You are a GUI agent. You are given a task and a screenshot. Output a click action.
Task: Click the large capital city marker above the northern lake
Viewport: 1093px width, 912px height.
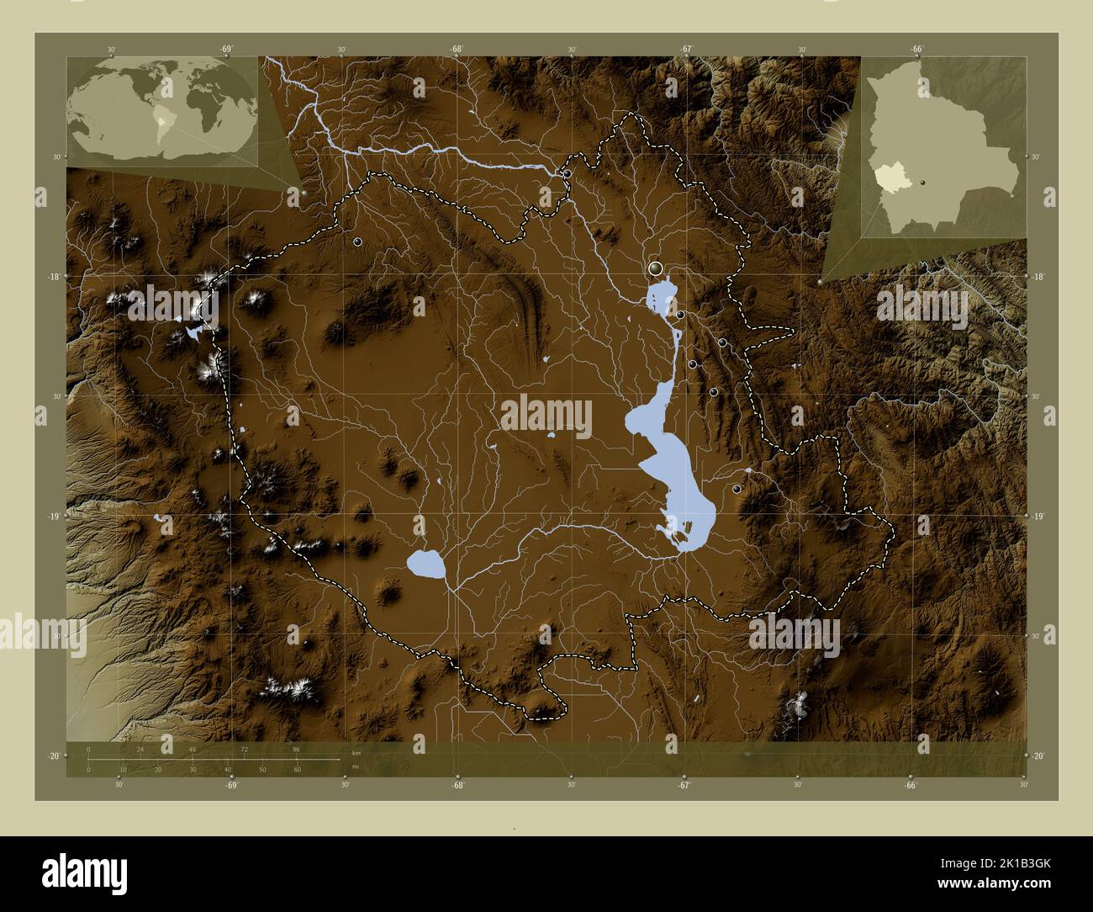(657, 268)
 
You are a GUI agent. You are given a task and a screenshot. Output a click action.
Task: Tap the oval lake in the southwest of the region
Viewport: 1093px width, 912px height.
(425, 564)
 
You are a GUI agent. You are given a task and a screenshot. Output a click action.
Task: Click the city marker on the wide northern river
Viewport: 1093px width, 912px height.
(568, 173)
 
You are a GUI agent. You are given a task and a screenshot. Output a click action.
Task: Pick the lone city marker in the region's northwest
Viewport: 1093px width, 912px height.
(357, 241)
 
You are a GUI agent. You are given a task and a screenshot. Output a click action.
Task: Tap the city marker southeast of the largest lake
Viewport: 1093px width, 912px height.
(737, 489)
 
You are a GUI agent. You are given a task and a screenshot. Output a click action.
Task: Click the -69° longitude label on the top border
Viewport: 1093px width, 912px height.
(226, 50)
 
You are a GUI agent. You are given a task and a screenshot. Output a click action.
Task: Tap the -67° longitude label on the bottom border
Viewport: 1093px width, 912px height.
(684, 785)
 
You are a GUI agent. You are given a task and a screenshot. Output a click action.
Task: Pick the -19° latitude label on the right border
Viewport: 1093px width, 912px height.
(1038, 517)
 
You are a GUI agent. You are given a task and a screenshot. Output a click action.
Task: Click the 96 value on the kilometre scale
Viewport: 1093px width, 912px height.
(296, 749)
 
